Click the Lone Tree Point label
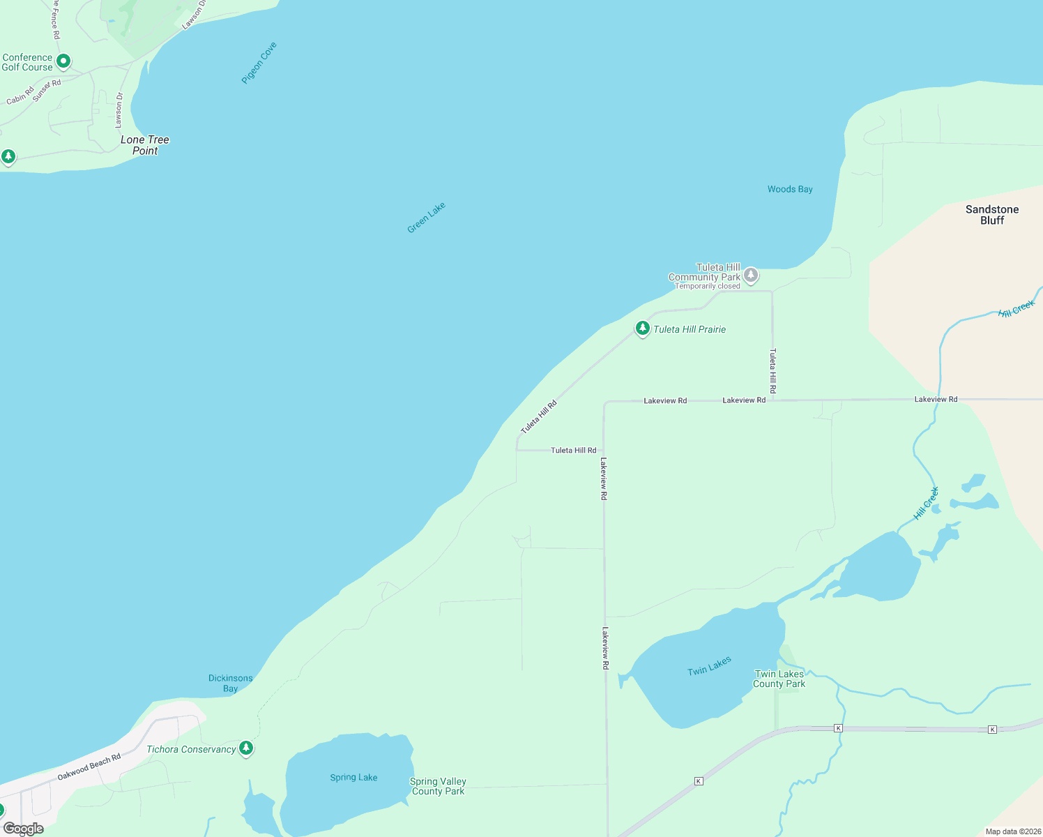tap(145, 145)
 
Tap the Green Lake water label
tap(426, 218)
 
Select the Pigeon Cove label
tap(259, 63)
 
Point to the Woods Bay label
tap(790, 189)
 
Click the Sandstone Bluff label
tap(992, 215)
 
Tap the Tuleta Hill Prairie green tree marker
tap(642, 328)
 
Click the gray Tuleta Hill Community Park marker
tap(751, 275)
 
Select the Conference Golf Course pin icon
tap(63, 61)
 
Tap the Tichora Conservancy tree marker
tap(245, 748)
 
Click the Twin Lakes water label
tap(709, 666)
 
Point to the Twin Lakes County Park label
tap(779, 679)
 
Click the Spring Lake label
tap(353, 777)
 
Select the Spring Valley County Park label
tap(438, 786)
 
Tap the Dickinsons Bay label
tap(230, 683)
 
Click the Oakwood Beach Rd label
tap(89, 767)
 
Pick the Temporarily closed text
tap(707, 286)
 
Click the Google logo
tap(23, 829)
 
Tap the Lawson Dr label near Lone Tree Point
tap(119, 110)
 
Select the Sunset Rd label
tap(47, 91)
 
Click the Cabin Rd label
tap(20, 96)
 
